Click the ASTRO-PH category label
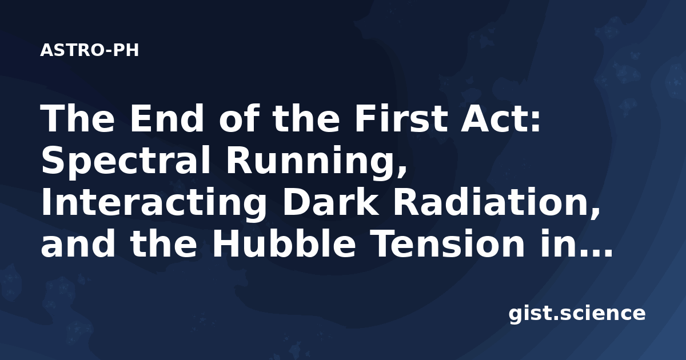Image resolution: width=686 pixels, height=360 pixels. [89, 50]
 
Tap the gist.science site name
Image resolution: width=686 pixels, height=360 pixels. [577, 314]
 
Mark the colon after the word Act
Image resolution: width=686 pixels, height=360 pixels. [535, 122]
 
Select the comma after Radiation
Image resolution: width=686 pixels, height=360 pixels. [595, 213]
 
